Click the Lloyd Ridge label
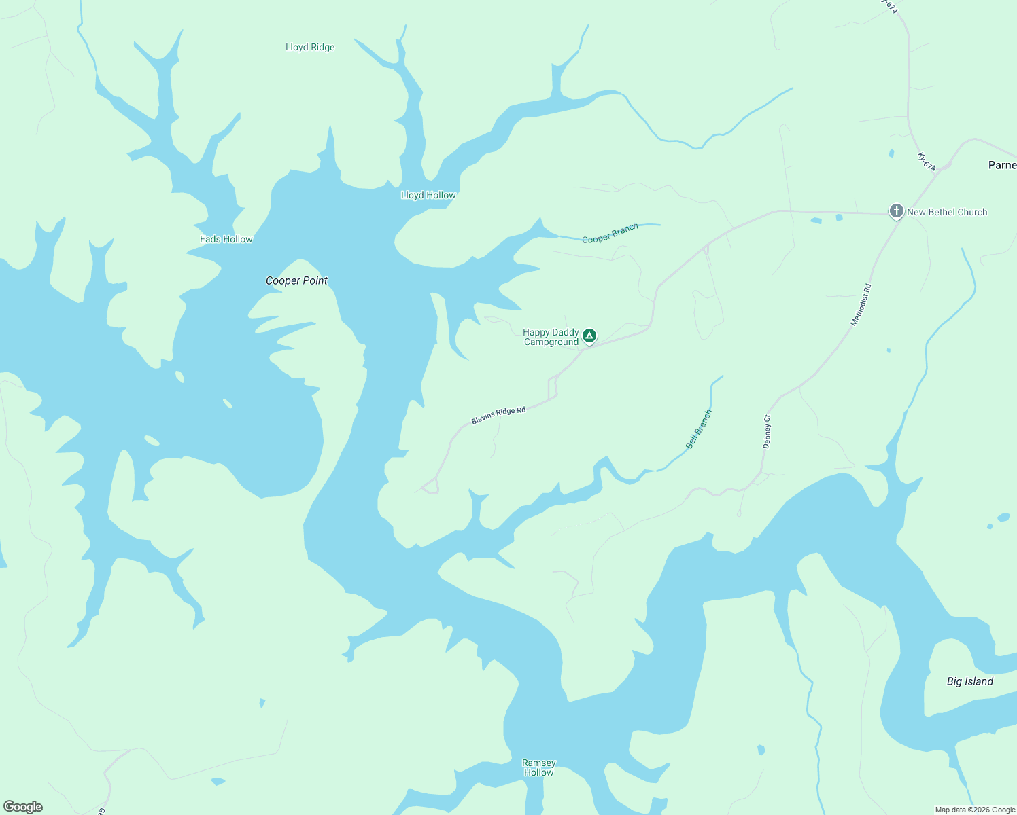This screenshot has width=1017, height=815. coord(310,47)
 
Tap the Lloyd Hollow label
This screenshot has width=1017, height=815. coord(428,195)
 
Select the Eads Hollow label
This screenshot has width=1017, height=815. coord(226,239)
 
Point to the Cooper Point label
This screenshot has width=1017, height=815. coord(296,280)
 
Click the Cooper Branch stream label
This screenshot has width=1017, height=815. coord(610,233)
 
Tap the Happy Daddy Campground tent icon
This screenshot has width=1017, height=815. coord(589,336)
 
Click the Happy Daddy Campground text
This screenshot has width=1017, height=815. coord(551,337)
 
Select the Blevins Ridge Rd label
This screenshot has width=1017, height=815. coord(498,416)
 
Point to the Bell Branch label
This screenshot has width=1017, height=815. coord(699,429)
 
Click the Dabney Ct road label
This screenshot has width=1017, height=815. coord(767,431)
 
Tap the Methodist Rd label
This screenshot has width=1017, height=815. coord(861,305)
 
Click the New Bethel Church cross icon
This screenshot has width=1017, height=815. coord(897,211)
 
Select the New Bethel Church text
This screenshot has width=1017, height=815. coord(947,212)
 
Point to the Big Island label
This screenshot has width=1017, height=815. coord(969,681)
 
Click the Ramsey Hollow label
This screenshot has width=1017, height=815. coord(539,767)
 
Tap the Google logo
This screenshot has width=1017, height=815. coord(23,807)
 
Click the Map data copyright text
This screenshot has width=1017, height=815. coord(975,810)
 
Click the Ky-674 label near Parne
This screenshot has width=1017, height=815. coord(927,162)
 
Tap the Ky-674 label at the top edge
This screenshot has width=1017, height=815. coord(889,5)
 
